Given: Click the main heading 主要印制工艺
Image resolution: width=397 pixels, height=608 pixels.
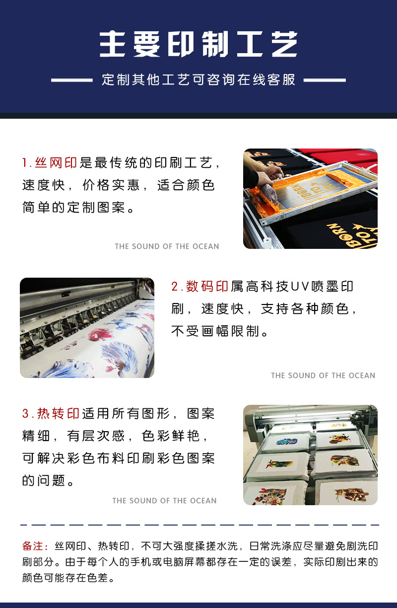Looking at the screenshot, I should pyautogui.click(x=198, y=44).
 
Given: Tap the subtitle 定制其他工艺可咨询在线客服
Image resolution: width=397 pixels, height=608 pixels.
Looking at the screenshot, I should pyautogui.click(x=198, y=79).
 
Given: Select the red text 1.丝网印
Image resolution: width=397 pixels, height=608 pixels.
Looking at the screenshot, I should pyautogui.click(x=50, y=163).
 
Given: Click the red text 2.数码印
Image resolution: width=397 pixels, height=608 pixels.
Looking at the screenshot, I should pyautogui.click(x=200, y=287).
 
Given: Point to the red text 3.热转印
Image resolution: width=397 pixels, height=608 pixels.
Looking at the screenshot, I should pyautogui.click(x=51, y=414).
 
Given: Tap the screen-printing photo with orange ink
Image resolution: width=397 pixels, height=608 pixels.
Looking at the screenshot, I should pyautogui.click(x=310, y=199).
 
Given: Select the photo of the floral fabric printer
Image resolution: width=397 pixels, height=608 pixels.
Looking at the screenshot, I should pyautogui.click(x=87, y=328).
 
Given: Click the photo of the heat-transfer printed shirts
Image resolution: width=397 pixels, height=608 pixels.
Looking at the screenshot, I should pyautogui.click(x=310, y=455).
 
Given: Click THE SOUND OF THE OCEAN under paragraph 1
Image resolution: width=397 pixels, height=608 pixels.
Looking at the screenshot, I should pyautogui.click(x=167, y=246).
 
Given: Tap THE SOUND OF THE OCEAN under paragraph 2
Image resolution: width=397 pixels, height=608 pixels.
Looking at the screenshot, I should pyautogui.click(x=323, y=376).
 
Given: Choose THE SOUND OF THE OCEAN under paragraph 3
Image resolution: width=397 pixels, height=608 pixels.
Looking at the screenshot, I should pyautogui.click(x=164, y=501).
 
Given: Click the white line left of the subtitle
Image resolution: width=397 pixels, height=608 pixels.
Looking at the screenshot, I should pyautogui.click(x=72, y=80).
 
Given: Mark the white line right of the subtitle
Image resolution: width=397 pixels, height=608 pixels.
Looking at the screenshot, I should pyautogui.click(x=325, y=80).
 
